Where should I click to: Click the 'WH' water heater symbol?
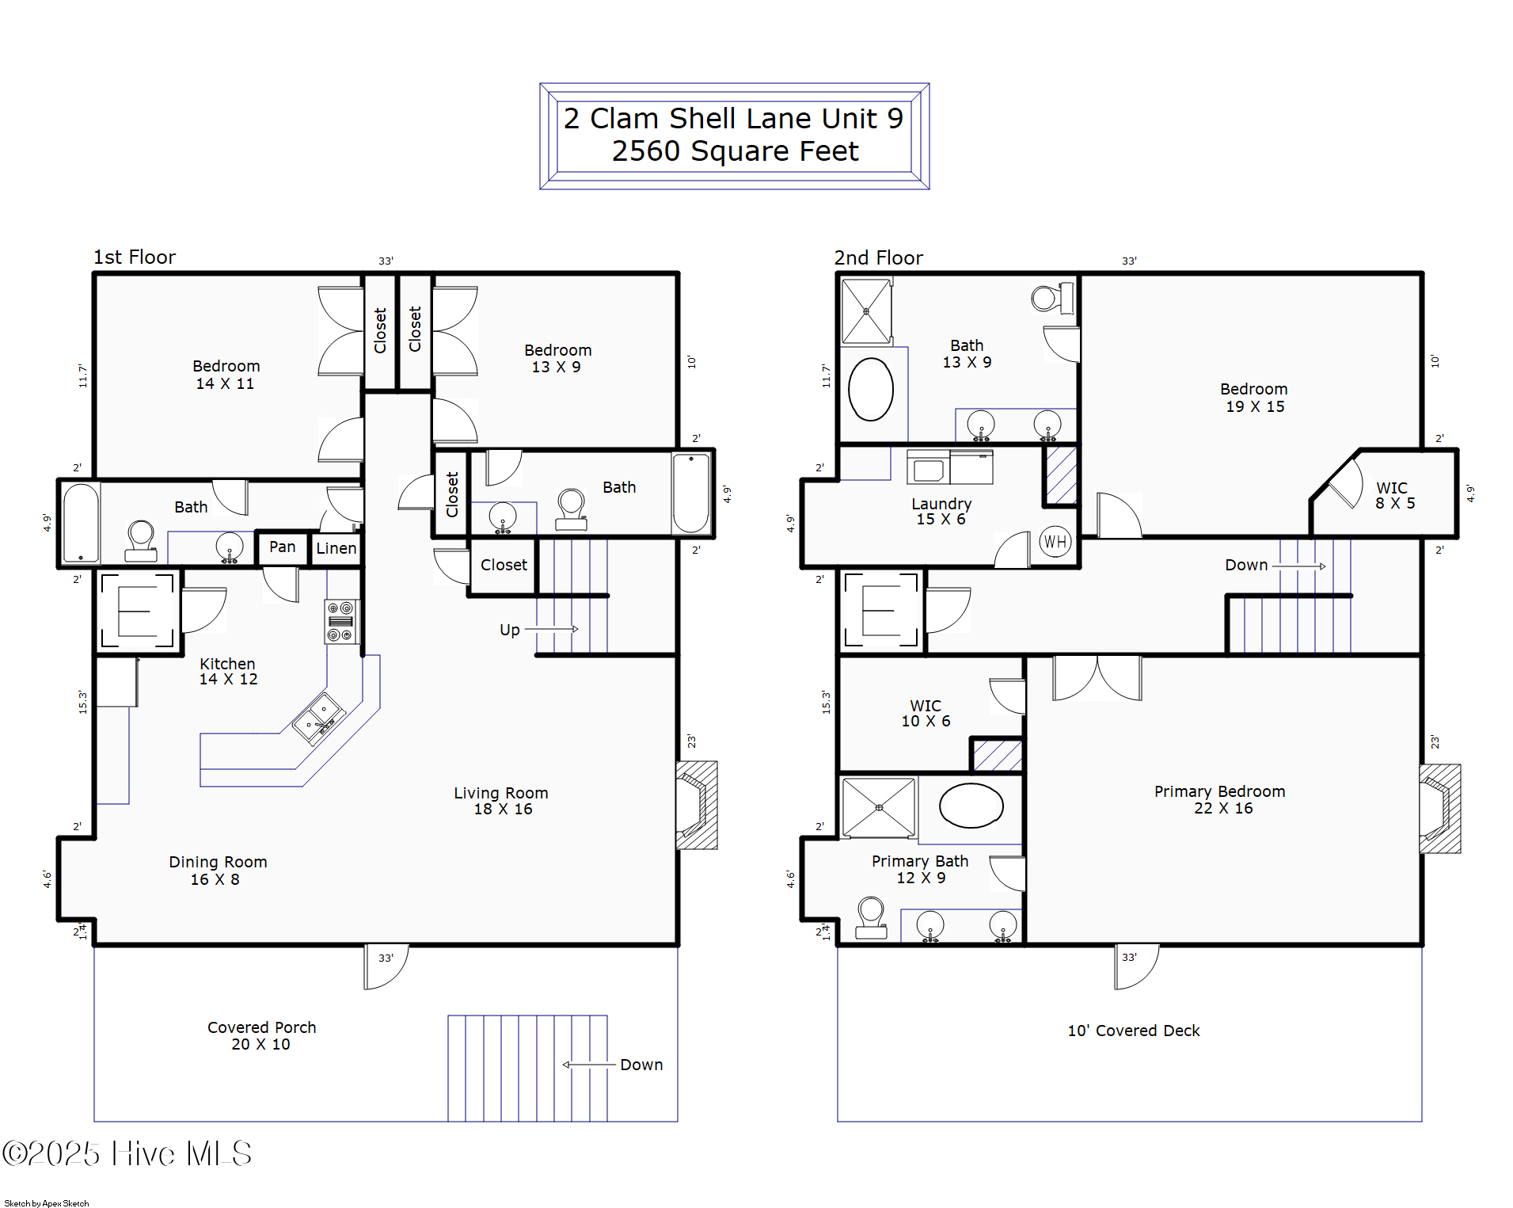(x=1055, y=542)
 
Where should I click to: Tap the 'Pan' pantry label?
(x=282, y=547)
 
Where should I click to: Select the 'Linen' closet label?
(x=336, y=547)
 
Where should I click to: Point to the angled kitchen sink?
(x=318, y=718)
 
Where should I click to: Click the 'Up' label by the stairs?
(x=509, y=630)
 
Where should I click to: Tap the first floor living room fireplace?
(x=697, y=805)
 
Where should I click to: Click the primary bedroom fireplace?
(x=1440, y=808)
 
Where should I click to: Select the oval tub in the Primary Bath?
(x=971, y=806)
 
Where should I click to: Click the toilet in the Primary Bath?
(x=871, y=917)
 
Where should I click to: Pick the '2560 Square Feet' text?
(x=735, y=151)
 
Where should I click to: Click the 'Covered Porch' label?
(x=261, y=1027)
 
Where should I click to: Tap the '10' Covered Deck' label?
(x=1134, y=1031)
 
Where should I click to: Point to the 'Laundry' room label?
(x=941, y=504)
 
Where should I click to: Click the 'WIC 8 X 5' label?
(x=1394, y=495)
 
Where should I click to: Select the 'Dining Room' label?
(x=218, y=862)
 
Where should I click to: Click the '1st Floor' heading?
(x=135, y=257)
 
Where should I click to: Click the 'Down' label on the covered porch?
(x=641, y=1065)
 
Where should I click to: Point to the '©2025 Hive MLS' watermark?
(x=127, y=1153)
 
